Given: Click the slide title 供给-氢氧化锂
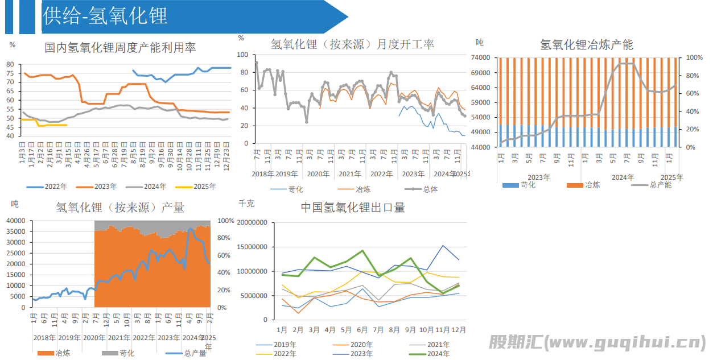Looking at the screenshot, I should (105, 16).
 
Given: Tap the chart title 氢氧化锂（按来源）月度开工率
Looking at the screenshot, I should (352, 44).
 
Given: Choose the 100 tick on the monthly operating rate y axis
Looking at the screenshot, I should (243, 55).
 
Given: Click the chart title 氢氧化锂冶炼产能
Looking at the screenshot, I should (586, 44).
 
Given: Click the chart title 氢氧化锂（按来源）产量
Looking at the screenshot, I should (120, 207).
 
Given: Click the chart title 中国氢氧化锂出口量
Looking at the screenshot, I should (353, 208).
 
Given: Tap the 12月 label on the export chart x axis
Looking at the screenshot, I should (459, 330).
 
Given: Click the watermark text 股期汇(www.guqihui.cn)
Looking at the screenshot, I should (597, 342).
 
